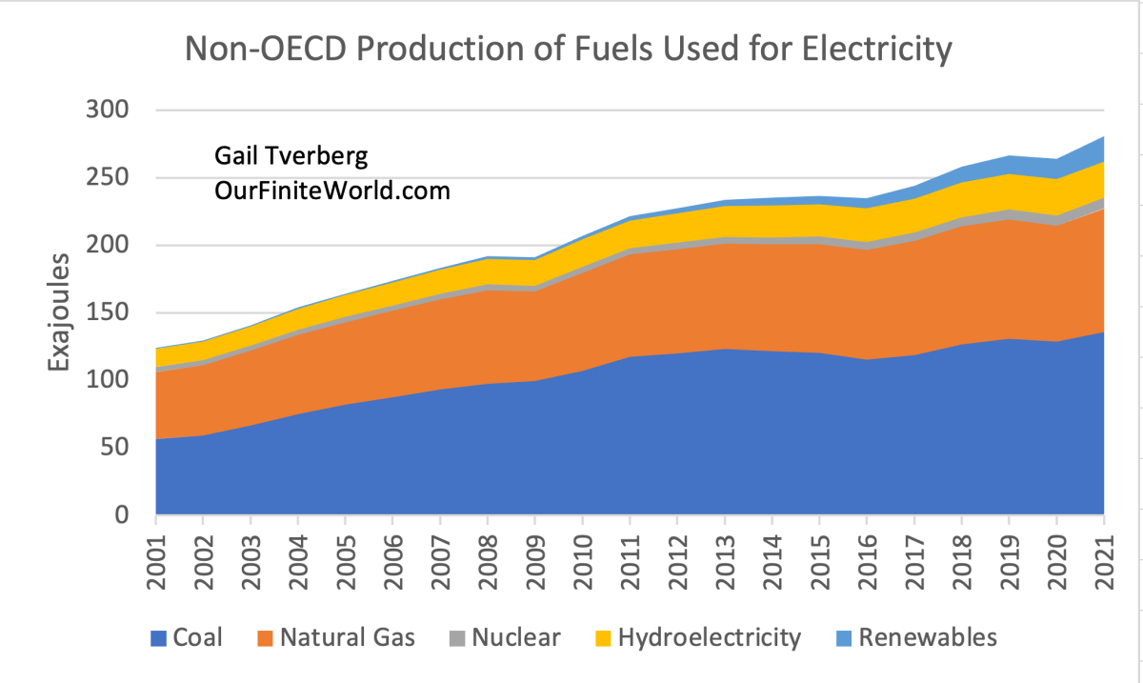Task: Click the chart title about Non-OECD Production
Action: pos(569,49)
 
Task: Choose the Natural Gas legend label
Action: pos(348,637)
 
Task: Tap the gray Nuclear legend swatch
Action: pos(454,637)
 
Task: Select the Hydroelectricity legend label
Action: pos(710,637)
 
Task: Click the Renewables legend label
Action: pos(927,637)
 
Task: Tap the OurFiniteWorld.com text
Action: pos(331,191)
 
